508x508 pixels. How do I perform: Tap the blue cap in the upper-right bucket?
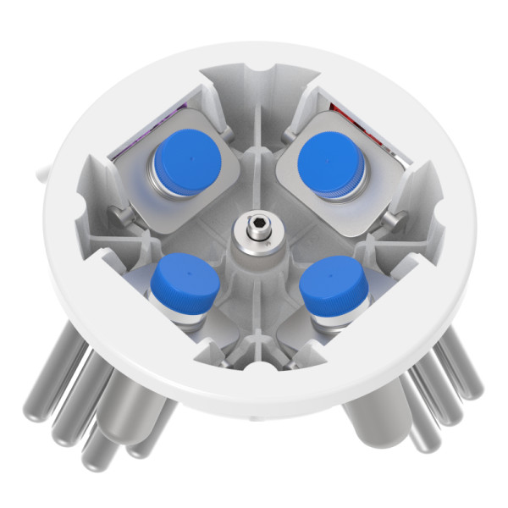coord(331,157)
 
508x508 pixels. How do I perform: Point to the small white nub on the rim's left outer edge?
coord(39,173)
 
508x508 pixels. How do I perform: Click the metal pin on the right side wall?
coord(392,219)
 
